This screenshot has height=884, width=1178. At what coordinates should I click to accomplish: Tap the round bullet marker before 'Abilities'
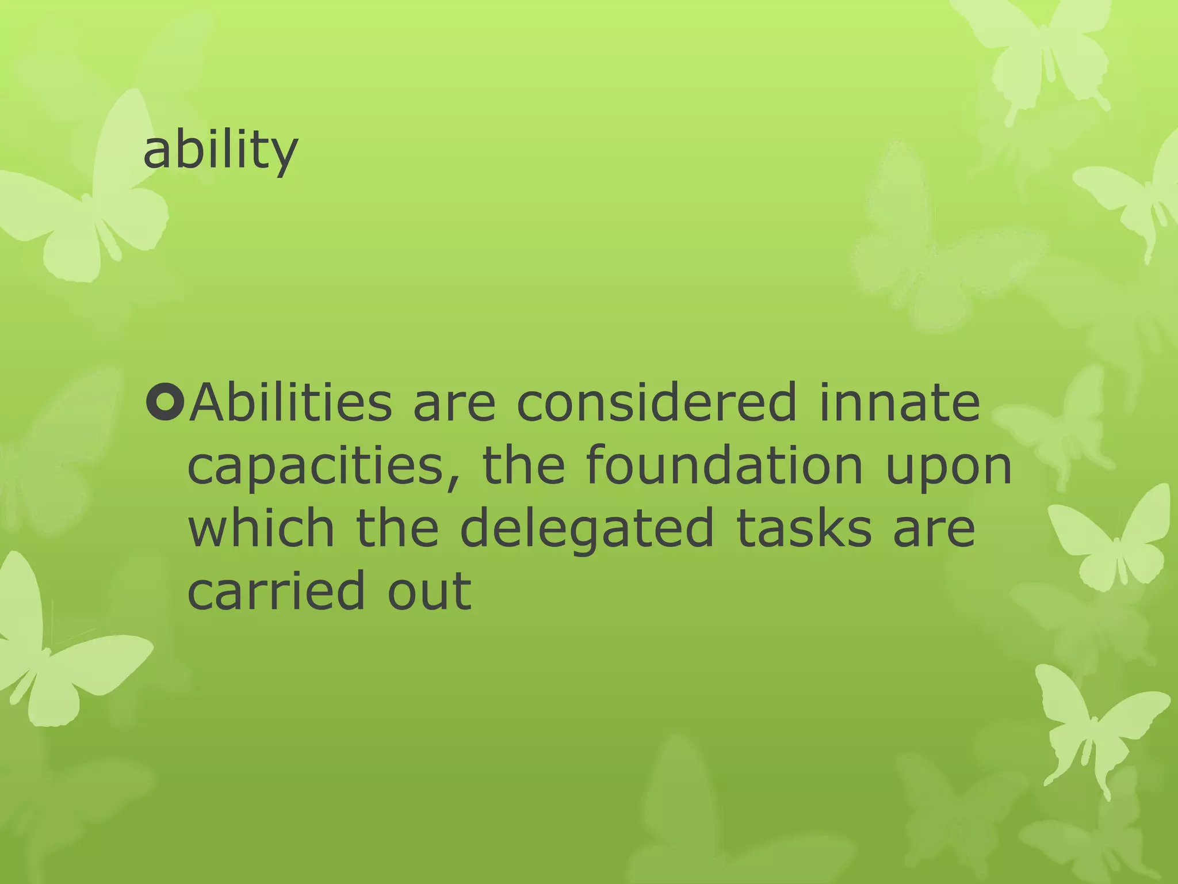pos(165,403)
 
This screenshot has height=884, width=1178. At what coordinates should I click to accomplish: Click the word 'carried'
pos(277,592)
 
